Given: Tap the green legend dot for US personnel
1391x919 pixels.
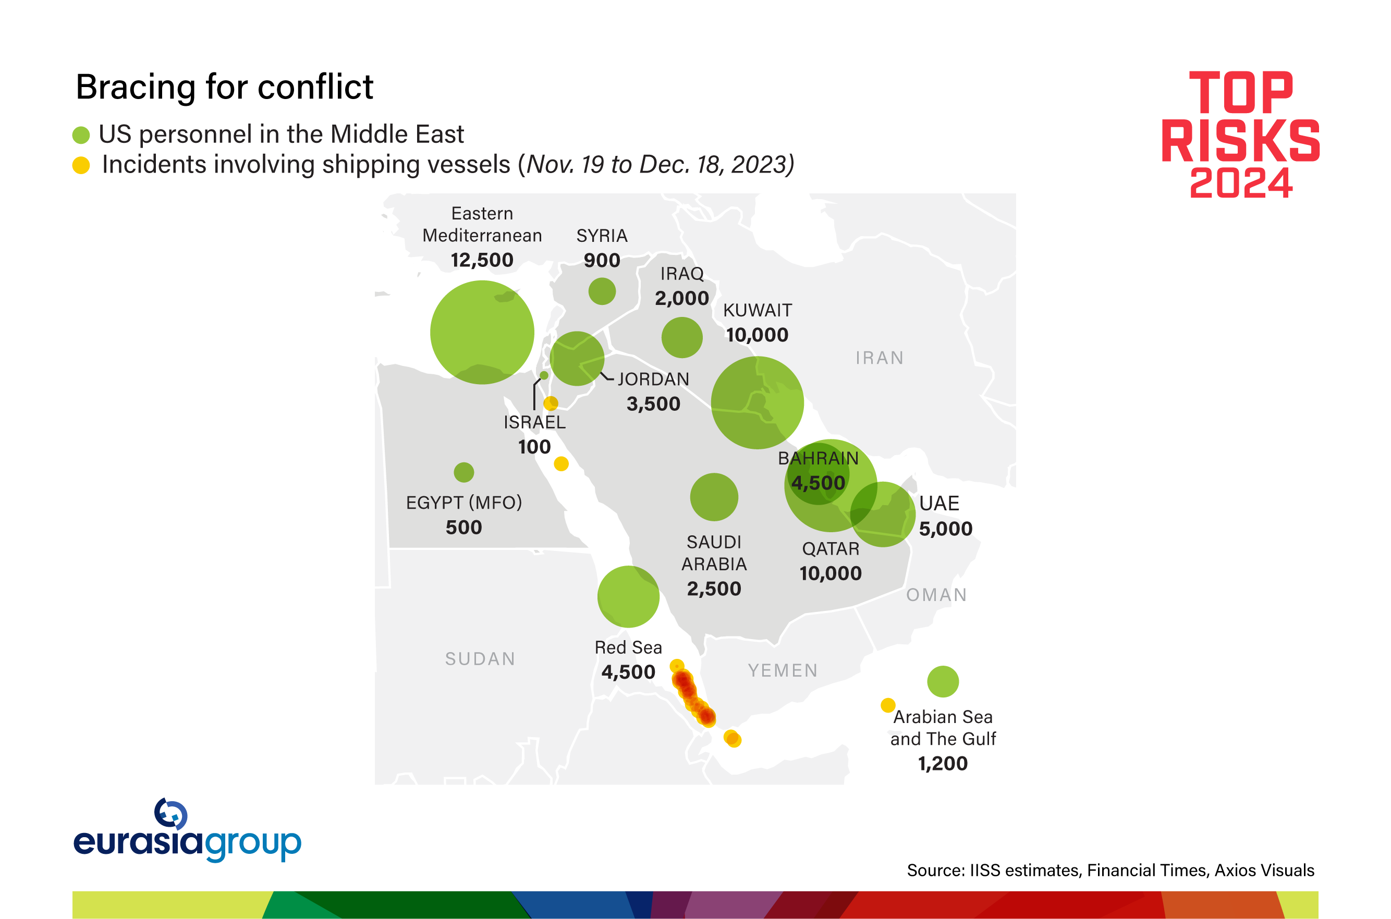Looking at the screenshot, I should [x=81, y=135].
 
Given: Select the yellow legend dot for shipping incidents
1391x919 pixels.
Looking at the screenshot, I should [x=81, y=165].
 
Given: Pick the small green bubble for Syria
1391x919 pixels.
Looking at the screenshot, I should [x=602, y=291].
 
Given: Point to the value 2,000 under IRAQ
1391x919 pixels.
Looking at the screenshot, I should [x=682, y=298].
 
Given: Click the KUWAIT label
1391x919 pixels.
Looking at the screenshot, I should [x=758, y=310].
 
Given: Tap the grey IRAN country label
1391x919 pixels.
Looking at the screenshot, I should [x=879, y=358].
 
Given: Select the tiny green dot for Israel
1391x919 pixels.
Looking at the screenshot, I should [x=544, y=375].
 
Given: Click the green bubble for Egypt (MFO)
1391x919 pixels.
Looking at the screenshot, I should [x=463, y=472].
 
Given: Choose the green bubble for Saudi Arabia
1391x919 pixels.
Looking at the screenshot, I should [x=714, y=497].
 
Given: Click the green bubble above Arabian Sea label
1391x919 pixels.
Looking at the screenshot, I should [x=943, y=681].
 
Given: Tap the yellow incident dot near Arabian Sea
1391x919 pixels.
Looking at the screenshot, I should [x=888, y=704].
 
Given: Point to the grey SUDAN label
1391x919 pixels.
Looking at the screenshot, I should [x=480, y=659].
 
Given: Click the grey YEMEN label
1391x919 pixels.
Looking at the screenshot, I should [x=783, y=670].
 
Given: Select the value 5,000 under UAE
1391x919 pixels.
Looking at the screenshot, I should [x=946, y=529].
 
